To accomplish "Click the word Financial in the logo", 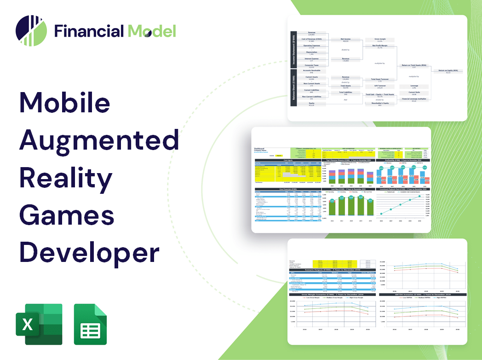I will click(88, 31).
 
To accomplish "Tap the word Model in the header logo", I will click(152, 31).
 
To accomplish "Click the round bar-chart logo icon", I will click(31, 31).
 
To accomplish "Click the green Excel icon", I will click(32, 324).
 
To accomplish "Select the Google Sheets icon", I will click(90, 324).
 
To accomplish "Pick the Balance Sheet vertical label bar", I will click(293, 91).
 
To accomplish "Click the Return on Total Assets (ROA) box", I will click(413, 66).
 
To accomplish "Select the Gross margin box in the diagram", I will click(380, 40).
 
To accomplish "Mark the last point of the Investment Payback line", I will click(419, 197).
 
